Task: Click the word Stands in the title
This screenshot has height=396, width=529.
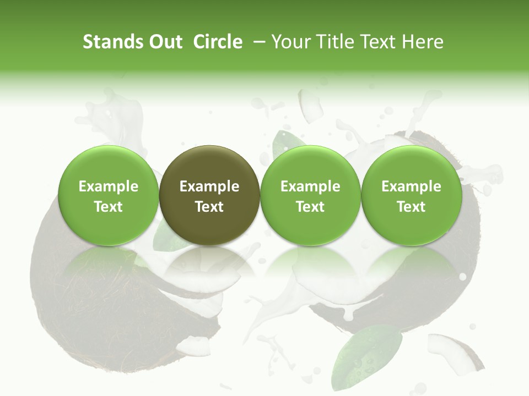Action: click(x=112, y=42)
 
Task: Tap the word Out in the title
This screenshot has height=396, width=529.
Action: click(x=164, y=42)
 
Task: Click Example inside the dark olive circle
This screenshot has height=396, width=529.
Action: click(x=209, y=186)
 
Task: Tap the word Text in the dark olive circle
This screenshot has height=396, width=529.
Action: click(x=209, y=207)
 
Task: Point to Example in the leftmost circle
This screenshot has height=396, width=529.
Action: click(x=109, y=186)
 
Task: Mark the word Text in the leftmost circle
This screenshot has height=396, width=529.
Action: click(x=109, y=207)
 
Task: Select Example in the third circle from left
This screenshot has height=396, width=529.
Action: click(x=310, y=186)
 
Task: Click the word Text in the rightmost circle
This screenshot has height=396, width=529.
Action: click(x=412, y=207)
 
